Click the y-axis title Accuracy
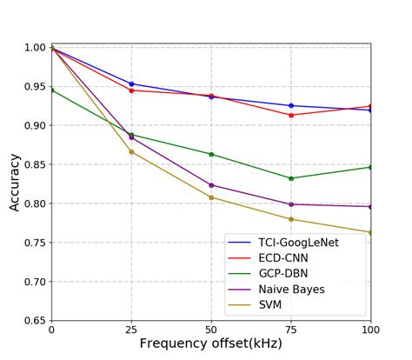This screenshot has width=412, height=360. pos(15,183)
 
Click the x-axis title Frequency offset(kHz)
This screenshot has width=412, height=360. pos(210,343)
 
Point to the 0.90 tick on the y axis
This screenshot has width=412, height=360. pos(33,125)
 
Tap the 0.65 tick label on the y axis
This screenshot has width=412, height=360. pos(33,321)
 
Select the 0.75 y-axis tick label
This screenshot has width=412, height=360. pos(33,243)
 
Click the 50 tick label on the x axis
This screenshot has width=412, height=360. pos(211,330)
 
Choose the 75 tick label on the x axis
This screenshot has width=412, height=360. pos(291,330)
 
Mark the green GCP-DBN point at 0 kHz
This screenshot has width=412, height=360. pos(51,90)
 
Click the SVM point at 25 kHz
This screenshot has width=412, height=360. pos(131,152)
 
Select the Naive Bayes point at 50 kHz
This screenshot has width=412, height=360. pos(211,185)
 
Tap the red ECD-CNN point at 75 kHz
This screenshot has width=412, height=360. pos(291,115)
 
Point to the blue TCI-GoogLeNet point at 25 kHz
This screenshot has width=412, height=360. pos(131,84)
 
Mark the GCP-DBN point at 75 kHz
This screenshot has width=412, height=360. pos(291,178)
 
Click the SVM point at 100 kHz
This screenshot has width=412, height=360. pos(370,232)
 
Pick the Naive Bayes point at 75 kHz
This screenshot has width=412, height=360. pos(291,204)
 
